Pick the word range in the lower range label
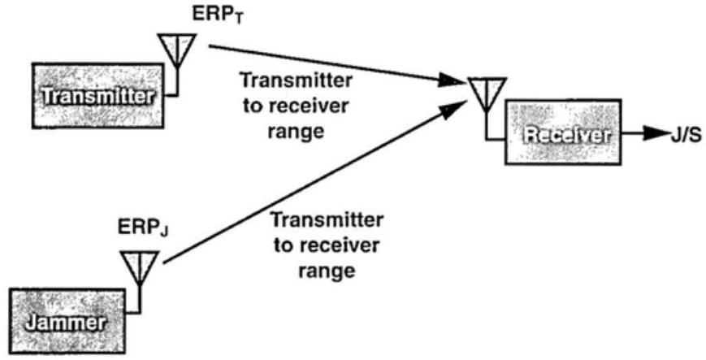click(327, 269)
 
